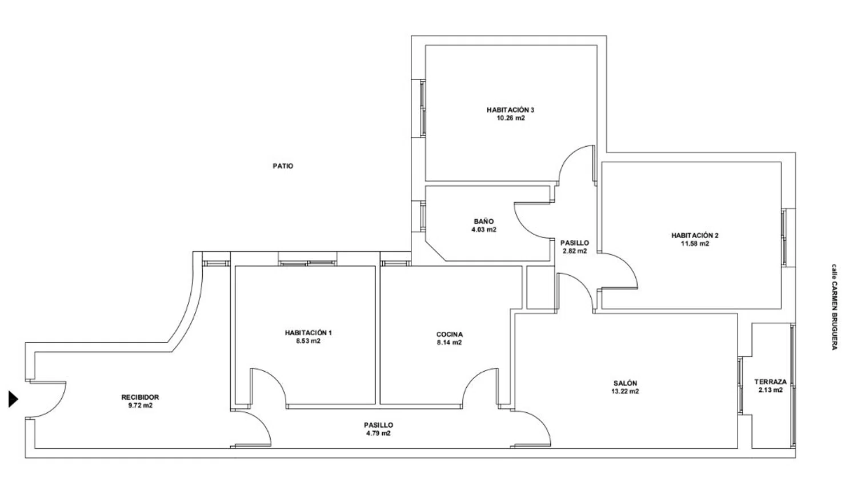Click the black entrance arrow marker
13,399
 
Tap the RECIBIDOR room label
140,397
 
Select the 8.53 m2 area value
308,341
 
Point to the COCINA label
450,335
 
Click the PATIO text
283,166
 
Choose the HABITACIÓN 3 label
510,110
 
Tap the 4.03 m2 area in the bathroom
484,230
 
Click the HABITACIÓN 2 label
695,235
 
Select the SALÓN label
626,383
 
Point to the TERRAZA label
771,382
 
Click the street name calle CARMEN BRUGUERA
834,307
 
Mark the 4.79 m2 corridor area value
378,433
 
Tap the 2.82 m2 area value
575,251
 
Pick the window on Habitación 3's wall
422,108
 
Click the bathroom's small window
422,216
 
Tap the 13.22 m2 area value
626,392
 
